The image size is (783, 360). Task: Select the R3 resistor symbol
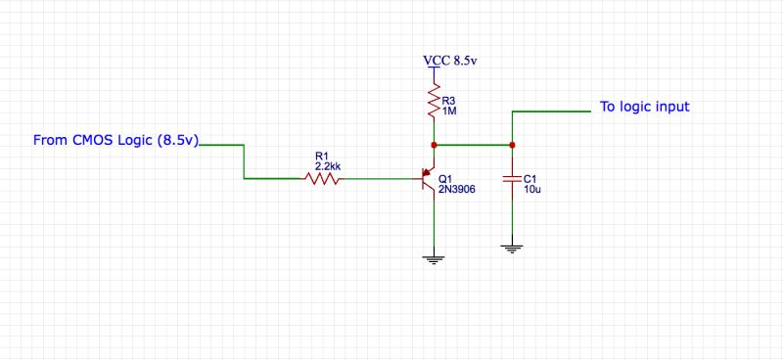434,99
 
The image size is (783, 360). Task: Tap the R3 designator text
449,100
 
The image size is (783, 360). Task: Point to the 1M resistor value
449,112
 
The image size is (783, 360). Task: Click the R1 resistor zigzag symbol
322,178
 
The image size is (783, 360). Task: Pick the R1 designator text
322,155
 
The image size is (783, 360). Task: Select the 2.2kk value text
328,166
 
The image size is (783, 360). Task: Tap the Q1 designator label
446,179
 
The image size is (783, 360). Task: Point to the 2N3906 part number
458,190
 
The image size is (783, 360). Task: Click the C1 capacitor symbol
511,179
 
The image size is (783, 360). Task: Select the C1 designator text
530,178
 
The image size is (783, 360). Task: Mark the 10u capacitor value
532,190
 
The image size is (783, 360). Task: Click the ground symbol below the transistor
434,258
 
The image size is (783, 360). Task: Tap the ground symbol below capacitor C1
511,248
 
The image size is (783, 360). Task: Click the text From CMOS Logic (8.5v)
116,141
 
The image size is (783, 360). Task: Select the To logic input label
645,107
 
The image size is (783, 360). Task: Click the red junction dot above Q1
434,145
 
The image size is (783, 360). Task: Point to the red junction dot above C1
511,145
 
